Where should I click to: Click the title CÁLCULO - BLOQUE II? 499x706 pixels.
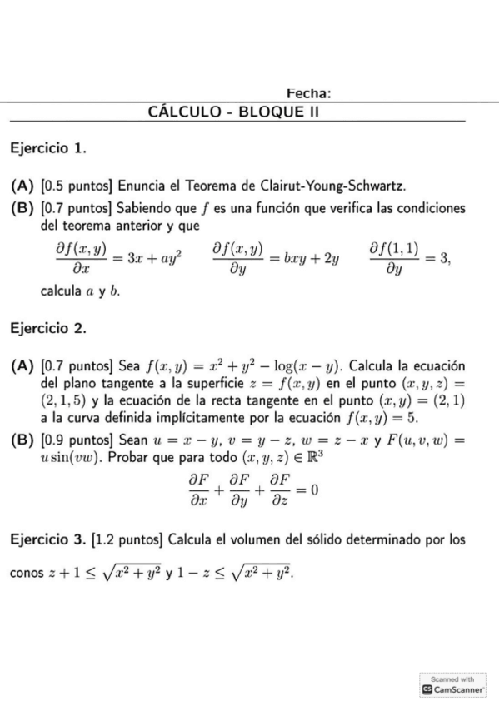(234, 112)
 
